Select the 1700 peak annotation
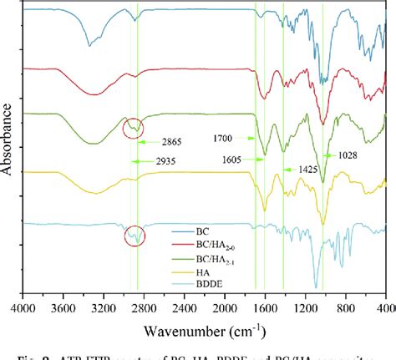click(x=221, y=138)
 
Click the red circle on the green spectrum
click(x=132, y=129)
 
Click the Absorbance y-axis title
click(x=8, y=148)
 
